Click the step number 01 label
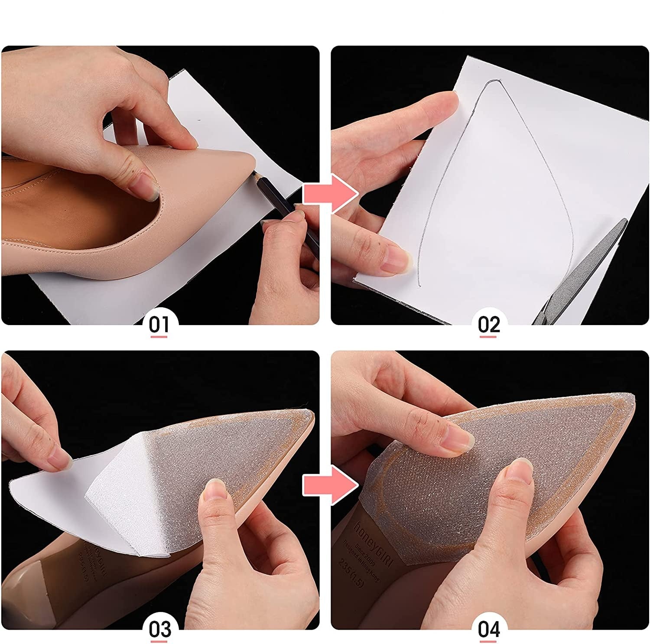click(x=159, y=324)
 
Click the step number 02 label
click(x=489, y=324)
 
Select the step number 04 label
click(x=489, y=629)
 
